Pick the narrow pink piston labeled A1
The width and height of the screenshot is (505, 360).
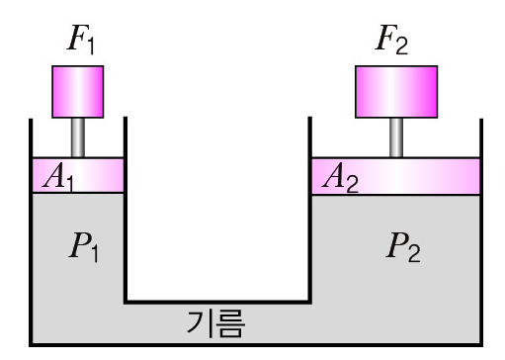point(99,175)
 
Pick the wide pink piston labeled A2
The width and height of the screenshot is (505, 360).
point(425,175)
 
